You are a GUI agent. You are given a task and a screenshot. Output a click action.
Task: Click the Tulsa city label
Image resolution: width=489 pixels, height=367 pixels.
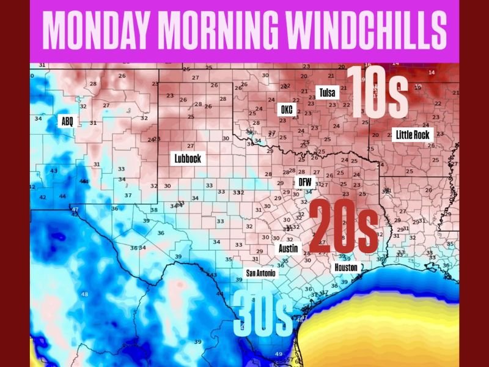click(x=326, y=93)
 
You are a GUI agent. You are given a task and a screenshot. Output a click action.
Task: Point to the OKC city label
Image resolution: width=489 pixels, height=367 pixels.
click(x=287, y=109)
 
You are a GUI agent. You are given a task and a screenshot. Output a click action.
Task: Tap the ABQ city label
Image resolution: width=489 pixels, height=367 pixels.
click(x=67, y=121)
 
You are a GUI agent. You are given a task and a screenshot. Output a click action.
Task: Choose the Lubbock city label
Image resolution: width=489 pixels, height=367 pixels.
click(x=187, y=158)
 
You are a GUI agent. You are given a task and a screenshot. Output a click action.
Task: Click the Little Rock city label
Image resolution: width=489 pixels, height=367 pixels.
click(x=413, y=135)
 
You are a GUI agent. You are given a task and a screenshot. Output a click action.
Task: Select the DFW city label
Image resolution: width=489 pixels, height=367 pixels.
click(x=304, y=182)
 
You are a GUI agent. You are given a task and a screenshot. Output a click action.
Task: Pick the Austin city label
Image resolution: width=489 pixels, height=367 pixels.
click(x=288, y=249)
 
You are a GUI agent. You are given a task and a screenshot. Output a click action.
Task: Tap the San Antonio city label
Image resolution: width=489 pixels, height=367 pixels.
click(x=261, y=273)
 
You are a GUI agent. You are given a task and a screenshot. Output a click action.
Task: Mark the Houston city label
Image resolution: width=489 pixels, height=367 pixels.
click(x=346, y=267)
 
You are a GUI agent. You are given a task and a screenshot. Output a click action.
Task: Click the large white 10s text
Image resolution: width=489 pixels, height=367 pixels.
click(x=377, y=92)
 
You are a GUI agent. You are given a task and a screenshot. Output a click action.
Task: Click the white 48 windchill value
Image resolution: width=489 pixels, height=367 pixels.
click(x=84, y=294)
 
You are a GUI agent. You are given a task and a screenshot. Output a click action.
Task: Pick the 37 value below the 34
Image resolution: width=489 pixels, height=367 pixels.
click(x=128, y=195)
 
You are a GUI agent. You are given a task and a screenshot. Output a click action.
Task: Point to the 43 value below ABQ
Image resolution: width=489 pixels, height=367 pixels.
click(x=54, y=171)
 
